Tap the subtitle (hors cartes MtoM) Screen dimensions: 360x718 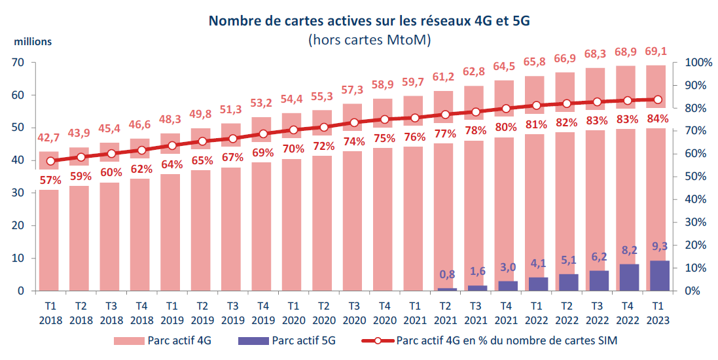368,40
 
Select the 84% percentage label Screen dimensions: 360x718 657,119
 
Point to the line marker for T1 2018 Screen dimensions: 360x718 50,161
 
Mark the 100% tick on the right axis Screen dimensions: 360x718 698,63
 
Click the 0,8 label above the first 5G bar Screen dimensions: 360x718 446,274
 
